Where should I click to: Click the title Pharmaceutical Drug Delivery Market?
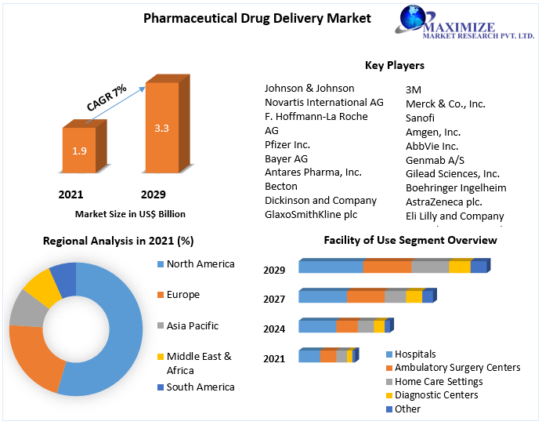pos(257,19)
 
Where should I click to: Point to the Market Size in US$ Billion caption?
pos(130,213)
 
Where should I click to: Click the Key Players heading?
pos(395,65)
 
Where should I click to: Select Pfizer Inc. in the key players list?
pos(287,145)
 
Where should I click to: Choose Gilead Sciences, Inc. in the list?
pos(453,174)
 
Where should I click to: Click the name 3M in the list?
pos(414,90)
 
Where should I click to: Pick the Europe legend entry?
pos(182,295)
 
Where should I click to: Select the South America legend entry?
pos(200,387)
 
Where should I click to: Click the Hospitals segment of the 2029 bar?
pos(331,267)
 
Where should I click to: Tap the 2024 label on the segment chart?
pos(274,329)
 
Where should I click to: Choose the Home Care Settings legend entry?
pos(438,382)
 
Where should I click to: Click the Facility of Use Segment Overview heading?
pos(410,240)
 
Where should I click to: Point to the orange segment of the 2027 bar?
pos(366,296)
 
